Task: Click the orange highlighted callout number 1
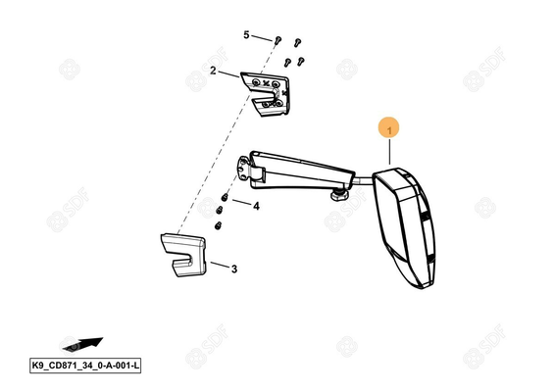389,130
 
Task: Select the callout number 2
213,71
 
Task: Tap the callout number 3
234,269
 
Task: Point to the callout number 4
256,206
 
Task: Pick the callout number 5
246,35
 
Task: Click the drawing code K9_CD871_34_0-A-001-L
85,366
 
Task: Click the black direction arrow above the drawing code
82,344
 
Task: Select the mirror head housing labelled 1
404,227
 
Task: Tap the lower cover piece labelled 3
183,254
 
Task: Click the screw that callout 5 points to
277,40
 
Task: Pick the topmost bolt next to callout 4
224,196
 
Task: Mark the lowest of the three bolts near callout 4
218,225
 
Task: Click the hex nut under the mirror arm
339,194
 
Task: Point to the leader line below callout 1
389,152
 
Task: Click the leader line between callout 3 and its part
220,265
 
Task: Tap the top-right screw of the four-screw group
297,42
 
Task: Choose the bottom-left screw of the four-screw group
287,63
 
